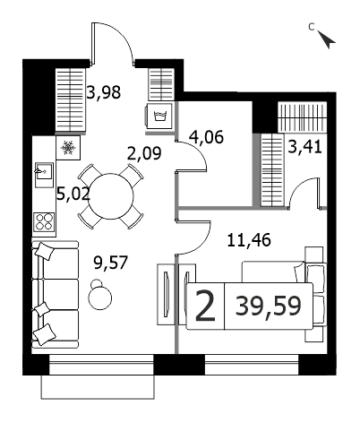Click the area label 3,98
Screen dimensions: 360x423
pyautogui.click(x=104, y=92)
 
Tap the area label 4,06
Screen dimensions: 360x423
pyautogui.click(x=206, y=137)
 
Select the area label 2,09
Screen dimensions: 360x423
pyautogui.click(x=144, y=153)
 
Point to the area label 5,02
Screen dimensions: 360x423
pyautogui.click(x=73, y=194)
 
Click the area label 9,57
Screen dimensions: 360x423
pyautogui.click(x=111, y=263)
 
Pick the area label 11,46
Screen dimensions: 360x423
pyautogui.click(x=249, y=240)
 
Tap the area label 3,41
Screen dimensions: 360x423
pyautogui.click(x=304, y=147)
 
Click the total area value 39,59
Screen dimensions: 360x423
pyautogui.click(x=268, y=306)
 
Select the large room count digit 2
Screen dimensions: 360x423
pyautogui.click(x=205, y=306)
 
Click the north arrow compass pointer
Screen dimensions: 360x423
pyautogui.click(x=327, y=39)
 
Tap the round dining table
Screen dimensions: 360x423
pyautogui.click(x=111, y=196)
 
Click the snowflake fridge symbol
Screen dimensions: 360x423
pyautogui.click(x=68, y=148)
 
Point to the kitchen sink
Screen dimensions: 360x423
pyautogui.click(x=44, y=175)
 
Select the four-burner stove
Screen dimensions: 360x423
pyautogui.click(x=44, y=221)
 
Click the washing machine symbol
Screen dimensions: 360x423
pyautogui.click(x=159, y=116)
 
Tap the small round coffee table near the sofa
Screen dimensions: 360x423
pyautogui.click(x=99, y=295)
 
